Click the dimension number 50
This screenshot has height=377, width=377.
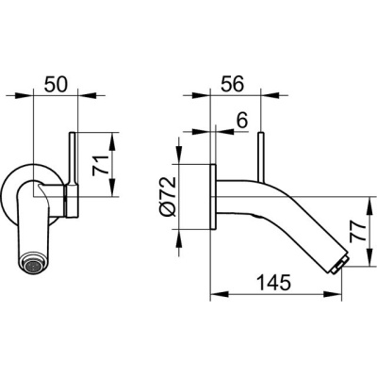pyautogui.click(x=56, y=85)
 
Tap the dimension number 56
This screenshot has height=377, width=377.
pyautogui.click(x=232, y=84)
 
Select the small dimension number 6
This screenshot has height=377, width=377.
pyautogui.click(x=242, y=121)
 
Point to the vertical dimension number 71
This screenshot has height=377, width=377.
pyautogui.click(x=100, y=165)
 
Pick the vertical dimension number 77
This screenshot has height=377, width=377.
pyautogui.click(x=358, y=231)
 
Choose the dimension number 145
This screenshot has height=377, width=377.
pyautogui.click(x=274, y=283)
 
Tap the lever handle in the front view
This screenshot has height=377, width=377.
pyautogui.click(x=72, y=159)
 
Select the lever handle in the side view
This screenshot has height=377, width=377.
pyautogui.click(x=262, y=158)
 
